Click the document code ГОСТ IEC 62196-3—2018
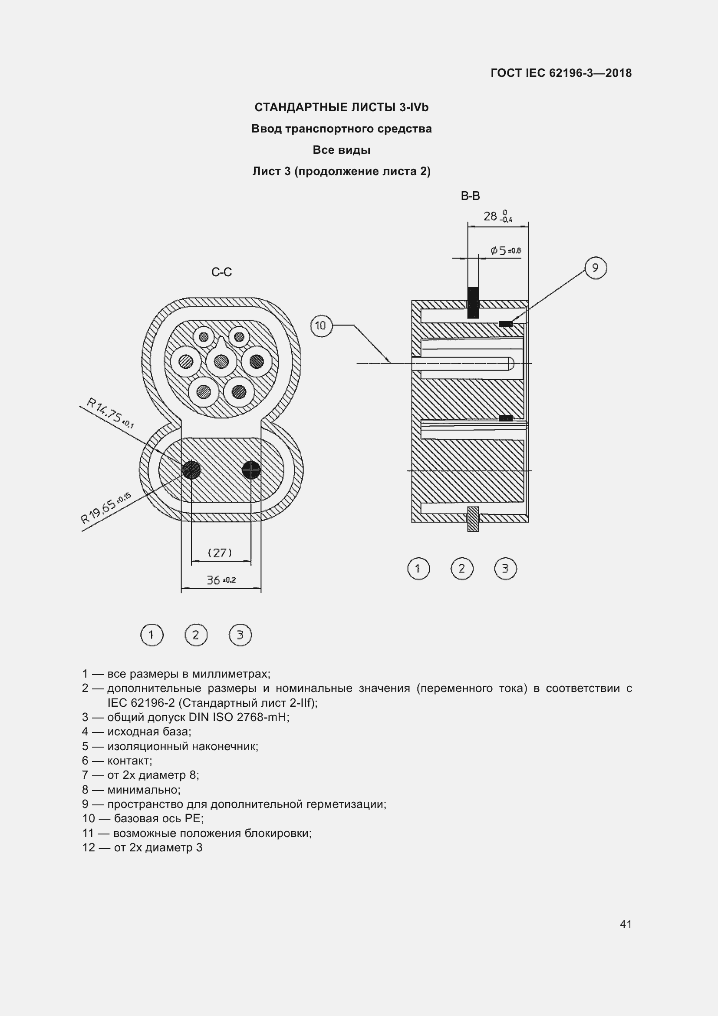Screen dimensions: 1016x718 (x=560, y=73)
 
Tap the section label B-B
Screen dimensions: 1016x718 (x=470, y=196)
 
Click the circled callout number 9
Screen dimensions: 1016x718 (x=595, y=268)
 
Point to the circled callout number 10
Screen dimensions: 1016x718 (x=321, y=326)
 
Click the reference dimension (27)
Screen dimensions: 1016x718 (x=220, y=553)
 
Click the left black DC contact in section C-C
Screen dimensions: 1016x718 (x=191, y=470)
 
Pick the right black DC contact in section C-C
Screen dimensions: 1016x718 (x=251, y=470)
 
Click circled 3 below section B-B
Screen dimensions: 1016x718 (x=505, y=569)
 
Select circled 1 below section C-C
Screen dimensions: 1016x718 (x=152, y=635)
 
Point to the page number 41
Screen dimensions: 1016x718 (x=626, y=924)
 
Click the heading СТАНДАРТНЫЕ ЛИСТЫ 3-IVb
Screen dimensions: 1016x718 (x=341, y=108)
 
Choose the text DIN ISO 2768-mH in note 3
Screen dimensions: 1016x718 (x=238, y=717)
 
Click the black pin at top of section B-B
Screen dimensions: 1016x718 (x=473, y=303)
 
